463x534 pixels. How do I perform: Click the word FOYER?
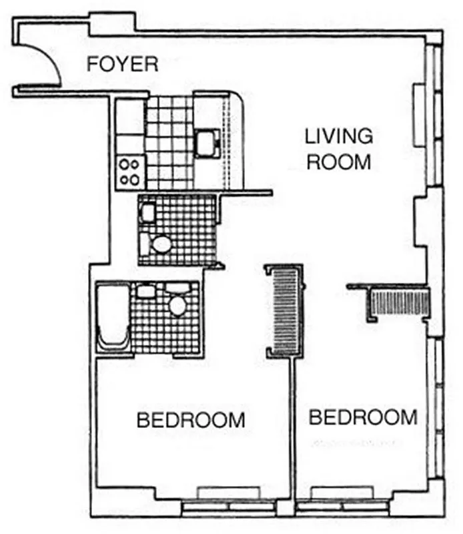(123, 65)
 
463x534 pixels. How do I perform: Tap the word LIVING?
(338, 137)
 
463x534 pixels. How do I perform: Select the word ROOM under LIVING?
(338, 162)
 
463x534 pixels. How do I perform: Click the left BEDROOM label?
(191, 421)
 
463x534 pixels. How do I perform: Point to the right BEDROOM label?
(363, 419)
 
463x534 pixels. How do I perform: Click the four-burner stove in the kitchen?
(129, 172)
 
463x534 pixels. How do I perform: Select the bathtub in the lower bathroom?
(112, 317)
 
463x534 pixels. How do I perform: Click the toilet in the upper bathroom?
(161, 242)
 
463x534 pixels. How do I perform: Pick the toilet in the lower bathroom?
(177, 304)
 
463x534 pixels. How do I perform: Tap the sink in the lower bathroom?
(145, 291)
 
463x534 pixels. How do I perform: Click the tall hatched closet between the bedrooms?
(284, 310)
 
